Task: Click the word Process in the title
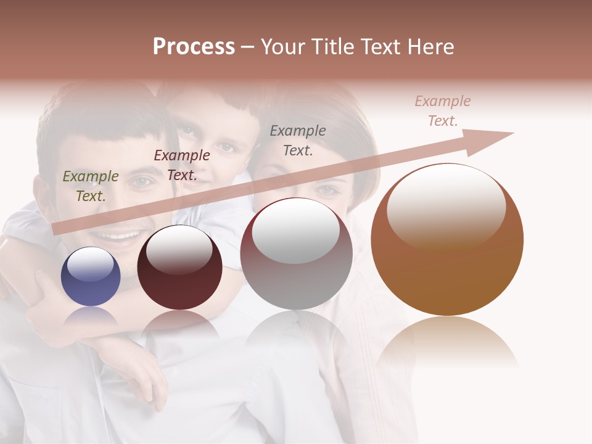[x=194, y=47]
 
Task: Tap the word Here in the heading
[x=430, y=47]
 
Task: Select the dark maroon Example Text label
[x=182, y=165]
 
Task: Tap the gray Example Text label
[x=298, y=141]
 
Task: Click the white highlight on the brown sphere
[x=446, y=203]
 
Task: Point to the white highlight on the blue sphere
[x=90, y=263]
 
